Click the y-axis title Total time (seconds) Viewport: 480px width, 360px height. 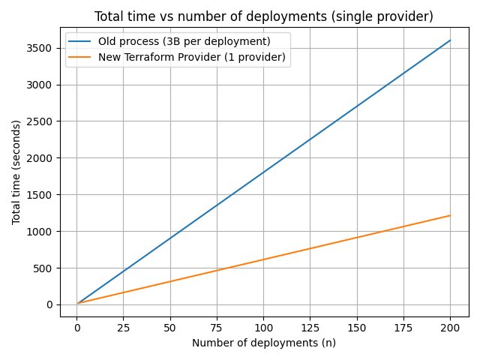[x=16, y=172]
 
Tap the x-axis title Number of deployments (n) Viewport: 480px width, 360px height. [x=264, y=343]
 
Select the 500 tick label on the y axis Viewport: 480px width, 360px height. [x=42, y=268]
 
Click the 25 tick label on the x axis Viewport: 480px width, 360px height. [x=123, y=327]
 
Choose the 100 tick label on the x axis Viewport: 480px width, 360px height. [x=263, y=327]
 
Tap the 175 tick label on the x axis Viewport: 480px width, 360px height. [x=403, y=327]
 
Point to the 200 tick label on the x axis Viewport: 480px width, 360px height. [x=450, y=327]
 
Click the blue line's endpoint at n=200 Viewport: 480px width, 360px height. [x=450, y=40]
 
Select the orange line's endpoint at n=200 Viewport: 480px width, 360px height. [x=450, y=215]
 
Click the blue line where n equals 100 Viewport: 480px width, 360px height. [x=263, y=172]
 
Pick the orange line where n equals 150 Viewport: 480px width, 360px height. [x=357, y=238]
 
